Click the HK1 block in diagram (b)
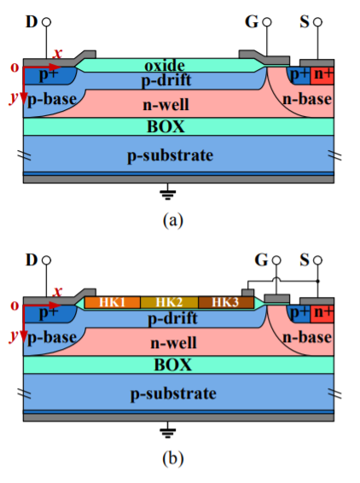tap(113, 302)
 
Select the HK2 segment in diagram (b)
tap(169, 302)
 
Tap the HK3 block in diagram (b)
tap(226, 302)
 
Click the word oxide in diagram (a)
tap(165, 66)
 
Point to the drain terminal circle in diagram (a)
tap(47, 22)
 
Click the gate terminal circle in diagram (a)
tap(267, 22)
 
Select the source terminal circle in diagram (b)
tap(318, 260)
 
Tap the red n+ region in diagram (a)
tap(322, 75)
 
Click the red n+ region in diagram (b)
tap(322, 314)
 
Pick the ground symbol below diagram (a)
tap(168, 194)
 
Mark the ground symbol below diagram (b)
tap(168, 432)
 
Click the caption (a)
tap(173, 220)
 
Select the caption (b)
tap(173, 458)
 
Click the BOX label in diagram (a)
tap(165, 126)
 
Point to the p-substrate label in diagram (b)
tap(173, 394)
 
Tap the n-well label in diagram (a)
tap(165, 105)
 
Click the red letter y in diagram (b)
tap(14, 335)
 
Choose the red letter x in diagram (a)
tap(57, 53)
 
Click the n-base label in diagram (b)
tap(307, 337)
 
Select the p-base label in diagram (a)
tap(52, 99)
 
